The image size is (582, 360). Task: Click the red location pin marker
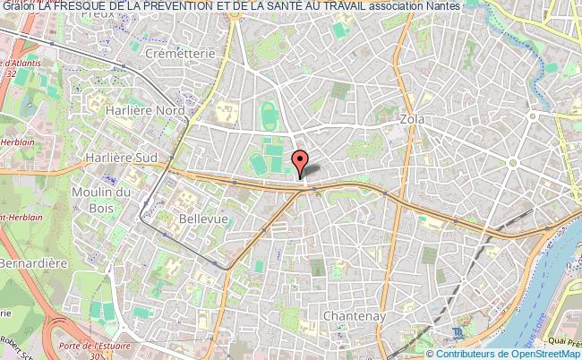pyautogui.click(x=301, y=162)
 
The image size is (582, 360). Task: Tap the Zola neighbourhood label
pyautogui.click(x=413, y=119)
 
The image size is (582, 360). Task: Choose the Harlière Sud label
pyautogui.click(x=120, y=157)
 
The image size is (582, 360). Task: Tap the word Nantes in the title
pyautogui.click(x=443, y=6)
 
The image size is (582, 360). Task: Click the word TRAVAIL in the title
pyautogui.click(x=339, y=6)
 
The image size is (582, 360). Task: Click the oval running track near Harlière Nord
pyautogui.click(x=267, y=116)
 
